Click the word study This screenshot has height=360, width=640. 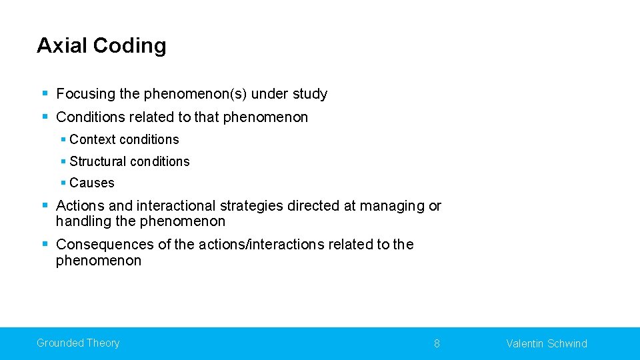(309, 94)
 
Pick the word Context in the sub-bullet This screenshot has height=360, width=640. (91, 139)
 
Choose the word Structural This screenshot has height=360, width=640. (98, 161)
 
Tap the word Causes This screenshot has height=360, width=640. (92, 183)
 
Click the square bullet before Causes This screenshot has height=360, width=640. (63, 183)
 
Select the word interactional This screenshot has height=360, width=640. (173, 206)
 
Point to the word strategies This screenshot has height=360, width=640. (251, 206)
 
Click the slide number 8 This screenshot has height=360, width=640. (437, 344)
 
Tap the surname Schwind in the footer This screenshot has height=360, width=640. (567, 344)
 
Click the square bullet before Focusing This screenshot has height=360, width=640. (45, 94)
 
